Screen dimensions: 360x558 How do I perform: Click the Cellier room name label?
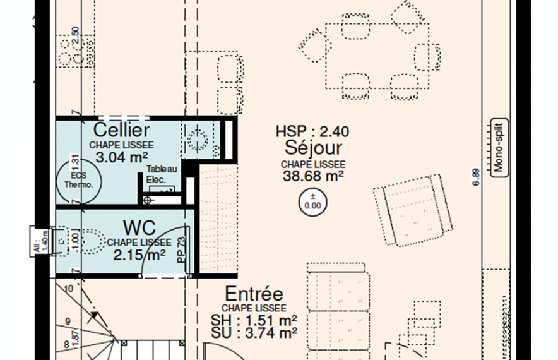(121, 131)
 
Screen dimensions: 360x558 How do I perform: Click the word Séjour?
(313, 148)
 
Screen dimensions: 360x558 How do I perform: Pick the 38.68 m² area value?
(313, 176)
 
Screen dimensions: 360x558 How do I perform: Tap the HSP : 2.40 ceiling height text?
(312, 132)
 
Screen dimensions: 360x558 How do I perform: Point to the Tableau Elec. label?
(160, 174)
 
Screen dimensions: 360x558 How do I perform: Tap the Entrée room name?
(254, 294)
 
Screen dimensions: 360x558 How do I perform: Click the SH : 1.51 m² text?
(254, 319)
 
